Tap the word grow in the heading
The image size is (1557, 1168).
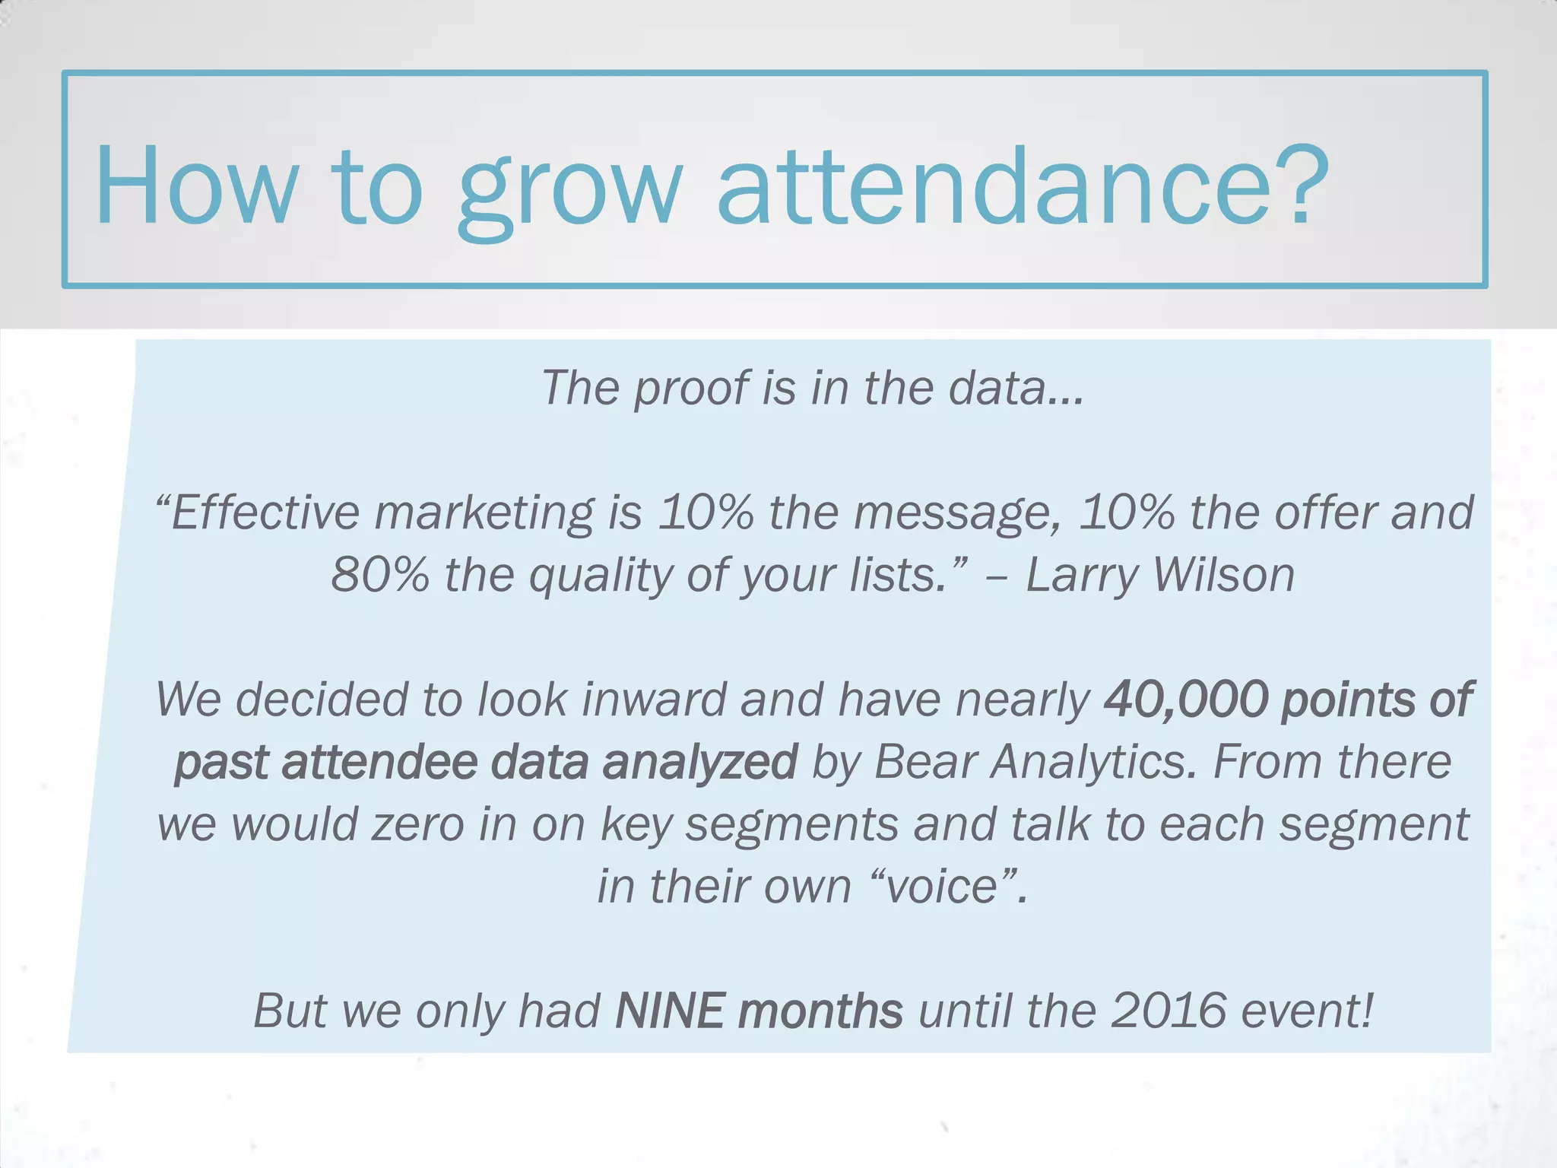point(570,190)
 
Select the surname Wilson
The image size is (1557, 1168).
point(1224,575)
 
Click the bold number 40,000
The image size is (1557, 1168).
point(1186,700)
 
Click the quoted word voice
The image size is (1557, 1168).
point(943,887)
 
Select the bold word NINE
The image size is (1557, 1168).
point(669,1011)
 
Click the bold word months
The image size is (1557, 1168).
point(821,1011)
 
